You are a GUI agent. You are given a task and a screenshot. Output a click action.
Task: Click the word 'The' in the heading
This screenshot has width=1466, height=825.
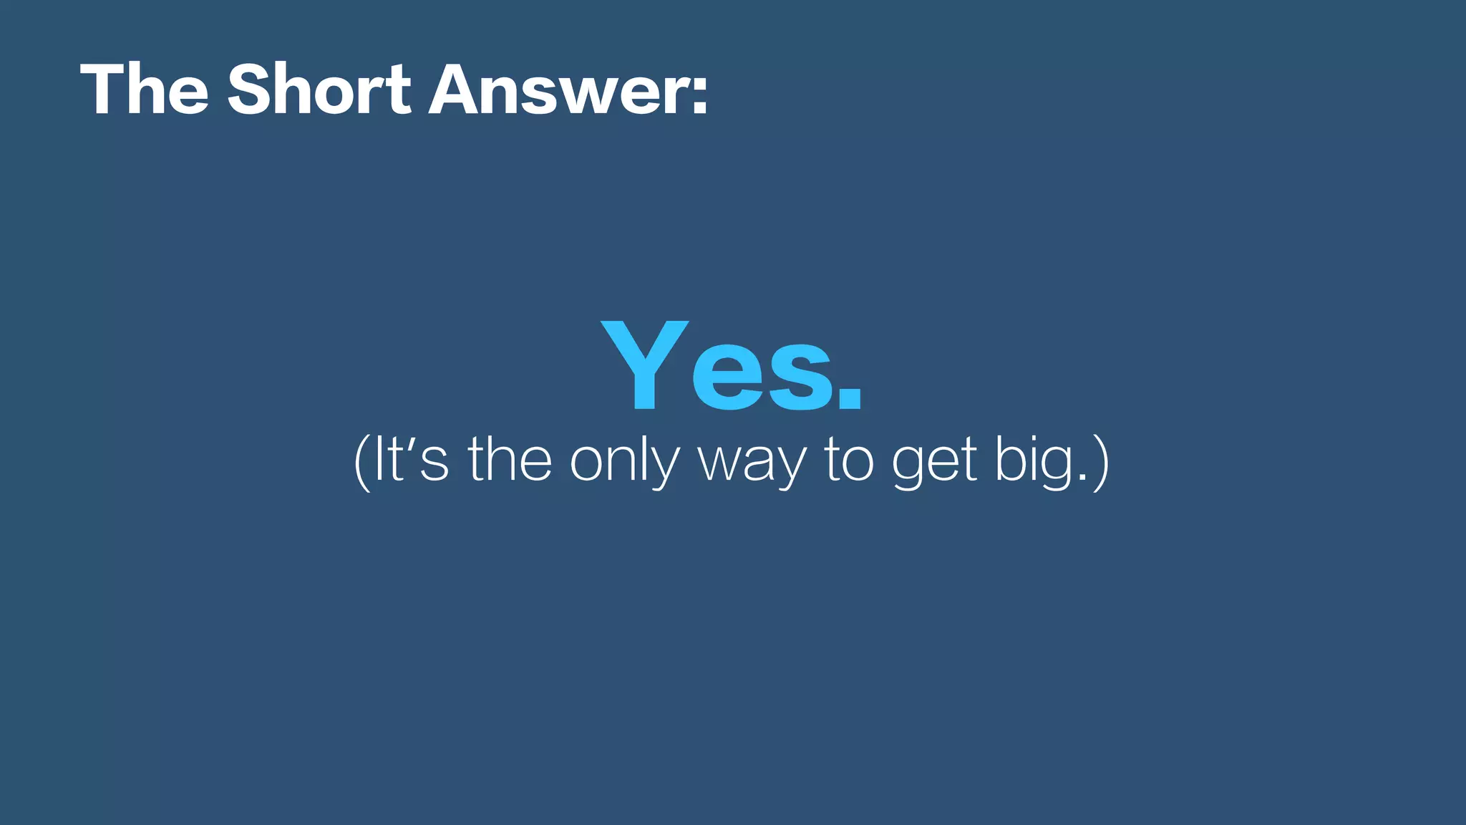tap(144, 90)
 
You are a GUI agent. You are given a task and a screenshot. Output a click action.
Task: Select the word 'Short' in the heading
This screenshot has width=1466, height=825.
tap(319, 90)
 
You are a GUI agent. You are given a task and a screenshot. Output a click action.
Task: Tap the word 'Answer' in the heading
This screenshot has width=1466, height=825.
tap(558, 91)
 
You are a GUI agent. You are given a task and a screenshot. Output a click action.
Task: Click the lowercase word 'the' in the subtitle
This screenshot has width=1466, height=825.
tap(510, 460)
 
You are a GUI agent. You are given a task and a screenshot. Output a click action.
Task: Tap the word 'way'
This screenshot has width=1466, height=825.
tap(752, 465)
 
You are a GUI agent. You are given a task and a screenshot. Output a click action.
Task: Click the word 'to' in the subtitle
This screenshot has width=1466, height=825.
tap(849, 461)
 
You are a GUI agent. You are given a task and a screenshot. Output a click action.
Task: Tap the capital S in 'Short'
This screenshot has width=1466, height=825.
tap(251, 90)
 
